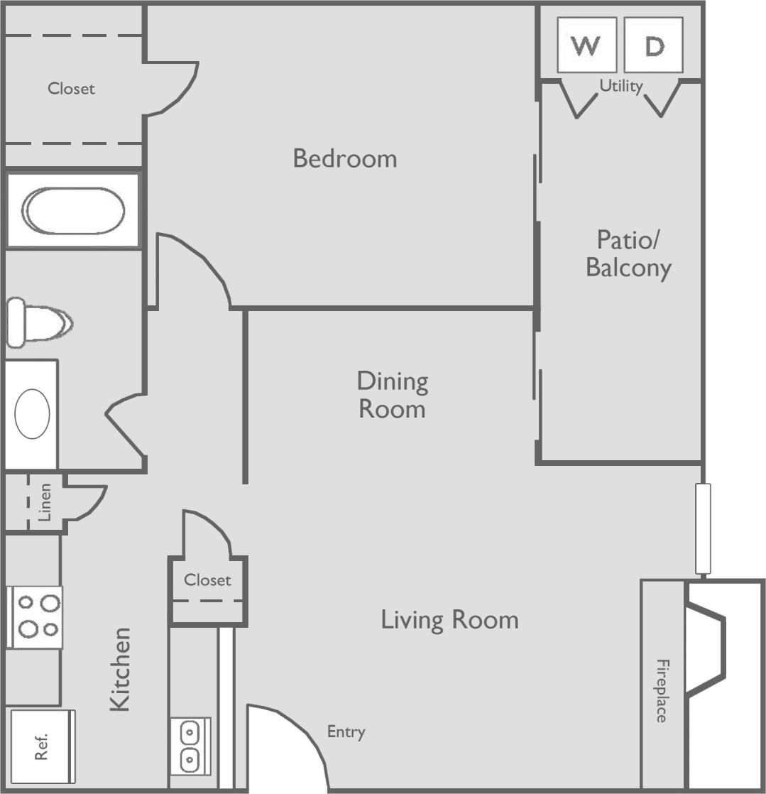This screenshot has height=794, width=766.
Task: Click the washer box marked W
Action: (x=586, y=45)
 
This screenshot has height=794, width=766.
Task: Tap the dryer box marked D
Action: (x=654, y=45)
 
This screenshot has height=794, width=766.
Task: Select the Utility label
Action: (x=621, y=86)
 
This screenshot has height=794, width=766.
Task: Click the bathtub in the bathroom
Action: (x=73, y=210)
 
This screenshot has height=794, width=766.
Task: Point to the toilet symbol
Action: (x=39, y=322)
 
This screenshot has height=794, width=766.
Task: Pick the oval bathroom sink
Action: (x=32, y=413)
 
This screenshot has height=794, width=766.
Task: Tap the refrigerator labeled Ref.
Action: (x=42, y=746)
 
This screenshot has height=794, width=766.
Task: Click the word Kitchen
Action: (x=121, y=668)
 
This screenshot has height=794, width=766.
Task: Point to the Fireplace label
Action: (x=662, y=690)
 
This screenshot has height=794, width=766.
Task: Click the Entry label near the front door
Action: (x=346, y=732)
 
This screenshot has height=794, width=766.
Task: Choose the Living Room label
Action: (x=449, y=620)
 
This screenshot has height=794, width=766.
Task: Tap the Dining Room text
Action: (x=392, y=395)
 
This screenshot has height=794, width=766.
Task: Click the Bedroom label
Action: (x=345, y=158)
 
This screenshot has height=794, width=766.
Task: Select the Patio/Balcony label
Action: (x=628, y=254)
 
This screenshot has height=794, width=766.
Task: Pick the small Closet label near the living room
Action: (x=207, y=580)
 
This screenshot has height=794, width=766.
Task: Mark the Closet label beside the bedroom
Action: (x=71, y=89)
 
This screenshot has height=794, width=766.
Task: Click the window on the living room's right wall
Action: (x=703, y=528)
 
